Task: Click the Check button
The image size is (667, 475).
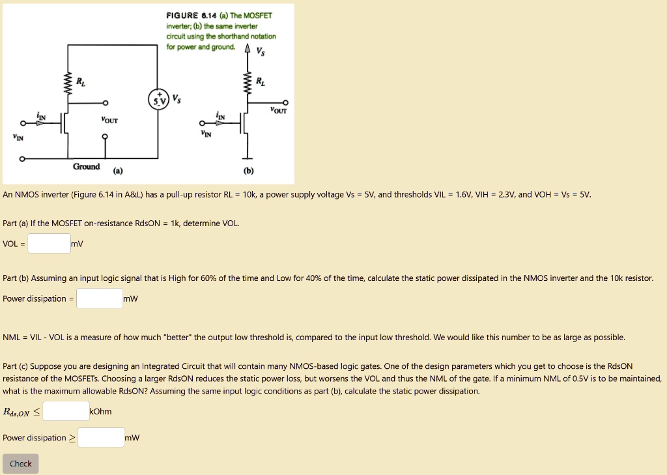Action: point(20,464)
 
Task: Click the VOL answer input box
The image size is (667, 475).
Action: point(49,244)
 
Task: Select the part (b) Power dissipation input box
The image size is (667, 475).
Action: point(99,298)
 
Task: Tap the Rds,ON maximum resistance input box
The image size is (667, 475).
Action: point(66,411)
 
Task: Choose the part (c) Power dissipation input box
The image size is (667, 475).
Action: point(101,438)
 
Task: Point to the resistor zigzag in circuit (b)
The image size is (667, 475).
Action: point(247,84)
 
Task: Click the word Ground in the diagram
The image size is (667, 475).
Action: point(86,167)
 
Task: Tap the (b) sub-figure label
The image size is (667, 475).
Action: point(249,171)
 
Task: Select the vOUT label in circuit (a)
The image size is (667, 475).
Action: point(109,120)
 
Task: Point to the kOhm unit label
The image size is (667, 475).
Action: point(100,411)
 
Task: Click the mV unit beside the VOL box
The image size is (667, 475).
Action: point(77,244)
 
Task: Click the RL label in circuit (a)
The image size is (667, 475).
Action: point(80,82)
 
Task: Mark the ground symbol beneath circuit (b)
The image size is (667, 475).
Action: point(247,157)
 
